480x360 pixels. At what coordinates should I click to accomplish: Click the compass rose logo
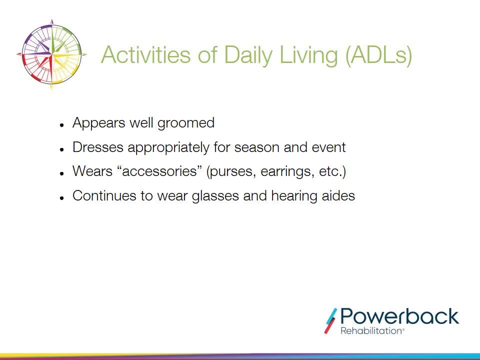(x=51, y=54)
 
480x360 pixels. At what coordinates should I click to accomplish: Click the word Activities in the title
(x=145, y=55)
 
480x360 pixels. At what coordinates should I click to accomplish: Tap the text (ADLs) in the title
(x=378, y=55)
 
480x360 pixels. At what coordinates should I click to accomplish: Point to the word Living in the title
(x=309, y=55)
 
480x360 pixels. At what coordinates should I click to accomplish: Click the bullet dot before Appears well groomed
(x=62, y=125)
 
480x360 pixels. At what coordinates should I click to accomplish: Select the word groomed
(x=186, y=123)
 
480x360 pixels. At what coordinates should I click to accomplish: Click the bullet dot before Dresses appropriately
(x=62, y=149)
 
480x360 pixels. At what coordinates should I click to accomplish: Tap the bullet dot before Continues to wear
(x=62, y=198)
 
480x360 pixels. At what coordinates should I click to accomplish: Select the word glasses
(x=215, y=196)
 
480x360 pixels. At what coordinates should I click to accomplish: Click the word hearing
(x=294, y=196)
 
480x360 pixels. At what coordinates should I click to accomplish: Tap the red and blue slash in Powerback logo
(x=330, y=321)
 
